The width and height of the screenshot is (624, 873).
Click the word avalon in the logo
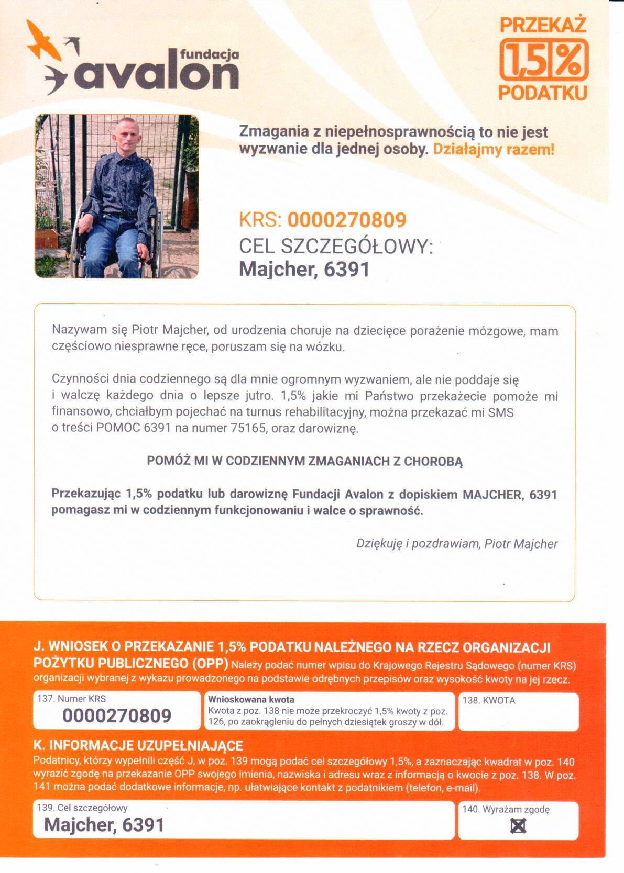[x=157, y=74]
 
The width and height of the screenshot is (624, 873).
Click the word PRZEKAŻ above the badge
[x=543, y=25]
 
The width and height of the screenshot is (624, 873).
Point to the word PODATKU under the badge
[x=543, y=93]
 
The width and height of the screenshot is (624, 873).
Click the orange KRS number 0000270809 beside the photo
[x=347, y=220]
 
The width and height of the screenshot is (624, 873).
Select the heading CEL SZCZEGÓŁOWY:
[x=336, y=245]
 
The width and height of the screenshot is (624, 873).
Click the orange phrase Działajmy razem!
[x=493, y=149]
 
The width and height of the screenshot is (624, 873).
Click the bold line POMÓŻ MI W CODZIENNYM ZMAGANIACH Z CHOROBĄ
[x=305, y=461]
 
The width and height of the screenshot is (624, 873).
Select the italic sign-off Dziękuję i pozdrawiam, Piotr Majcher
[x=457, y=543]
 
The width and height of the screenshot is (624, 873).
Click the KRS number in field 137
[x=117, y=715]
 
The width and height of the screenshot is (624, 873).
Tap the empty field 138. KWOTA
[x=518, y=717]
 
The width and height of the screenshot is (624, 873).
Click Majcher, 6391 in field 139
[x=104, y=825]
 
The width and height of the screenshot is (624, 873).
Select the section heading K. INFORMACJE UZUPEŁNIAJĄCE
[x=138, y=745]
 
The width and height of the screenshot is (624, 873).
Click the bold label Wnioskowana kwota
[x=251, y=699]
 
